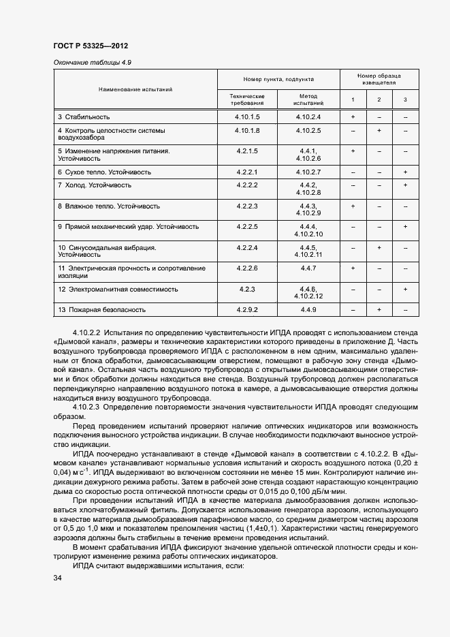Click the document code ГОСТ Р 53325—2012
point(91,46)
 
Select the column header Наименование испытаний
point(135,89)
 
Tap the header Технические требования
point(247,100)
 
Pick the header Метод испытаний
point(308,100)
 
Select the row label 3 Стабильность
point(84,117)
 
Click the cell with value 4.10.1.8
point(247,130)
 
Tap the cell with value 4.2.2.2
point(247,185)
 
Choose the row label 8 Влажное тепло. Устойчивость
point(109,206)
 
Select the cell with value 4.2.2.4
point(247,247)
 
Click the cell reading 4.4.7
point(308,268)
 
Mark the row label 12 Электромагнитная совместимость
point(118,290)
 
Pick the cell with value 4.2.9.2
point(247,310)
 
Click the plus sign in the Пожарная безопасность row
point(379,310)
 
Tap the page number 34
point(57,578)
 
